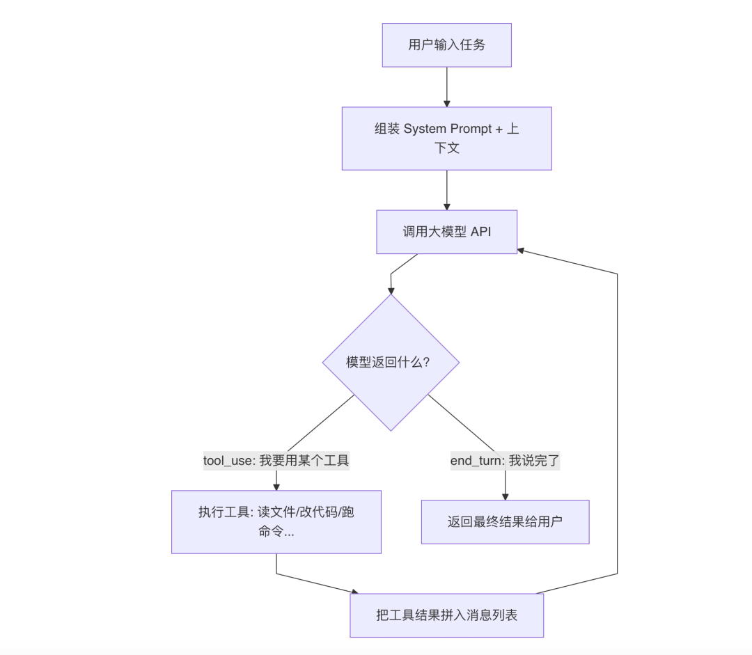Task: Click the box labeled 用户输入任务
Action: (446, 45)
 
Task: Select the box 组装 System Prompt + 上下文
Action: (446, 138)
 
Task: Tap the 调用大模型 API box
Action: (446, 232)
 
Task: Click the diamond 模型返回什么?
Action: (391, 362)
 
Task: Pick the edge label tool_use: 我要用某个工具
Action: (276, 460)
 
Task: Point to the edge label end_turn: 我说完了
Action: (505, 460)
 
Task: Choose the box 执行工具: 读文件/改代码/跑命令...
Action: (276, 521)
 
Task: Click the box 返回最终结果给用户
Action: (505, 521)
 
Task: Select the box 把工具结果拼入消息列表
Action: (446, 615)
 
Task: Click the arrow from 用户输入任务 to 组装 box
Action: (446, 86)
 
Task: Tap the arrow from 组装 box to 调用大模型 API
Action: (446, 189)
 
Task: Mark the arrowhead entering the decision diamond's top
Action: (391, 290)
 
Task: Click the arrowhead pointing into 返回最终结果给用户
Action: (505, 496)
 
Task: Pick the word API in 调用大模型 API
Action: (480, 232)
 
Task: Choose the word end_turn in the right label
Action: (476, 460)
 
